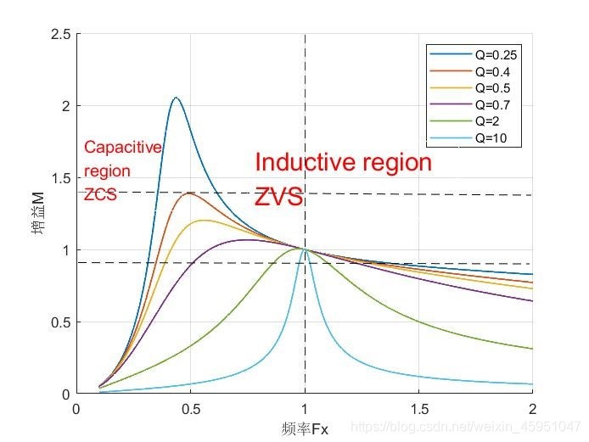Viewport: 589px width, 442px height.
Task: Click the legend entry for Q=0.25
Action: click(x=474, y=55)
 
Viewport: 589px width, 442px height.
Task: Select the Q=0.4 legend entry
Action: click(x=470, y=71)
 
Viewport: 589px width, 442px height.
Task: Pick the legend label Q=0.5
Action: click(x=470, y=88)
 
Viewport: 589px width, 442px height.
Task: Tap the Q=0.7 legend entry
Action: click(x=470, y=104)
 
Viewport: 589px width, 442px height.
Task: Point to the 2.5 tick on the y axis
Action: click(x=61, y=34)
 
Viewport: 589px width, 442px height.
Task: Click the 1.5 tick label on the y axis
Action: click(x=61, y=178)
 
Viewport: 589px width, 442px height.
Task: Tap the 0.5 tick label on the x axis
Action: click(x=190, y=409)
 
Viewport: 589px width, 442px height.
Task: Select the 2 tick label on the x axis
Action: click(x=532, y=409)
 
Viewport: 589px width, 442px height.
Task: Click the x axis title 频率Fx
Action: click(x=305, y=429)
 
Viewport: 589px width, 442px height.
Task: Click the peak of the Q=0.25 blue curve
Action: click(x=176, y=98)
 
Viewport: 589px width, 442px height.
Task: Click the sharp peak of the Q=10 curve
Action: click(x=305, y=249)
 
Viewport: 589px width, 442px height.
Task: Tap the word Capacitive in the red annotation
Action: click(x=123, y=148)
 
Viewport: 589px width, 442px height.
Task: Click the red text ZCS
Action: click(x=100, y=194)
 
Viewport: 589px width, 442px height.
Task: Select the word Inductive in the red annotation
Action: click(x=303, y=162)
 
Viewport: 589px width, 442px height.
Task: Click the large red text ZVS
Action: click(x=278, y=197)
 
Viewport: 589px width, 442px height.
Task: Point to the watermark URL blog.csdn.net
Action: click(x=466, y=427)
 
